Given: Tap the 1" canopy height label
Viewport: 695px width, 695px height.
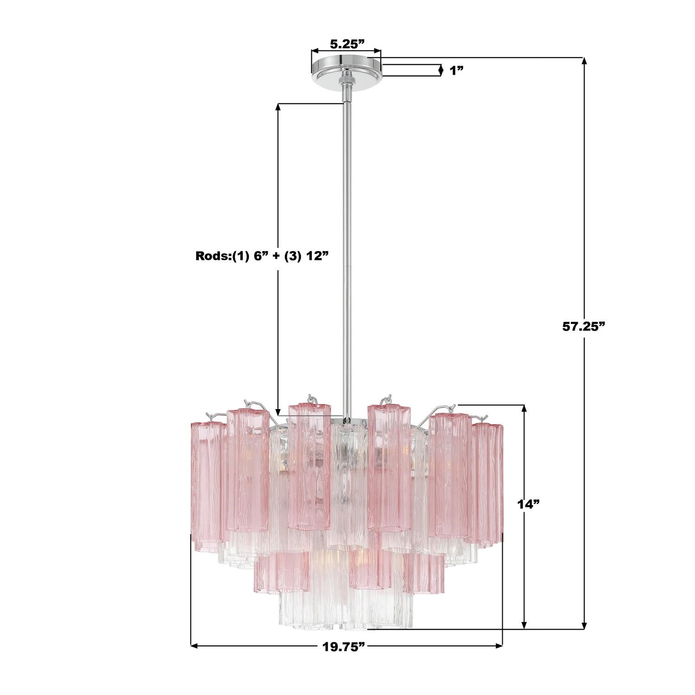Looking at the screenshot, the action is point(457,70).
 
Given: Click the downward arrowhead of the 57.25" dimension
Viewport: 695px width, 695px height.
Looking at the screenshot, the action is point(584,623).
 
